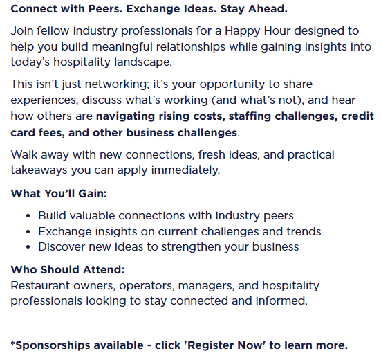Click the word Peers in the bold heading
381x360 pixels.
(x=105, y=9)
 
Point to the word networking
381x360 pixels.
(x=117, y=85)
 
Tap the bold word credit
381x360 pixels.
(x=357, y=116)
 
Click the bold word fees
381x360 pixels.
(x=51, y=133)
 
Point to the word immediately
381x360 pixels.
(x=185, y=170)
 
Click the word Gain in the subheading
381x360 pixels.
(x=93, y=194)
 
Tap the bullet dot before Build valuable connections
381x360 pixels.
(x=28, y=216)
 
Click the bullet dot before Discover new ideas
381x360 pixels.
(x=28, y=247)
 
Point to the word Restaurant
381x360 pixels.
(x=40, y=286)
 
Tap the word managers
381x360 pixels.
(x=206, y=287)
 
